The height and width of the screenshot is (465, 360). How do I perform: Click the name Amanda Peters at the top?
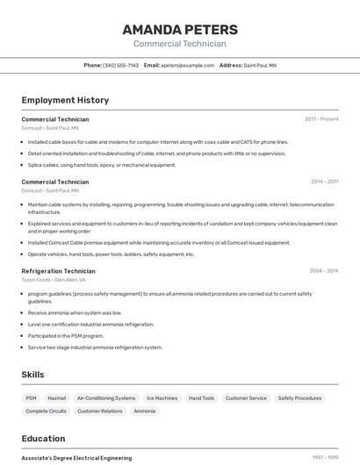pyautogui.click(x=180, y=29)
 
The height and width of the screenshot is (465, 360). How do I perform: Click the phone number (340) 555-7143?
pyautogui.click(x=121, y=65)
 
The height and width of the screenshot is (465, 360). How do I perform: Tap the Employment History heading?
pyautogui.click(x=65, y=100)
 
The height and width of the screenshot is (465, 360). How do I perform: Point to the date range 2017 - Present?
pyautogui.click(x=321, y=118)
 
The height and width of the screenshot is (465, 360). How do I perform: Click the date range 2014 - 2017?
pyautogui.click(x=324, y=182)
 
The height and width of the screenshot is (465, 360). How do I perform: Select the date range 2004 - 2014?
pyautogui.click(x=324, y=271)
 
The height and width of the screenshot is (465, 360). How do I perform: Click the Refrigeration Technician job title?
pyautogui.click(x=58, y=271)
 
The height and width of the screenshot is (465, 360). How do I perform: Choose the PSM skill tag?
pyautogui.click(x=32, y=398)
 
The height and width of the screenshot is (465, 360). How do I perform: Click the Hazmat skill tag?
pyautogui.click(x=56, y=398)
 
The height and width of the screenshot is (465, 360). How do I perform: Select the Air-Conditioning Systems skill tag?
pyautogui.click(x=106, y=398)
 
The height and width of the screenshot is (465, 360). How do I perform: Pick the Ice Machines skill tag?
pyautogui.click(x=162, y=398)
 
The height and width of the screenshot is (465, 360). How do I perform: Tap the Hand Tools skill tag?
pyautogui.click(x=201, y=398)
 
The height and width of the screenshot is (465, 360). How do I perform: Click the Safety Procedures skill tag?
pyautogui.click(x=299, y=398)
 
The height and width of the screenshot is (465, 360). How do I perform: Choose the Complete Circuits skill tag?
pyautogui.click(x=46, y=411)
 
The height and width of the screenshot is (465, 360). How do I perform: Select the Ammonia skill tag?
pyautogui.click(x=144, y=411)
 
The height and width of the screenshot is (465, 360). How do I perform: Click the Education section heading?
pyautogui.click(x=43, y=439)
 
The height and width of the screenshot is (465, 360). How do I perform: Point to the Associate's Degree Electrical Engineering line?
pyautogui.click(x=76, y=458)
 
